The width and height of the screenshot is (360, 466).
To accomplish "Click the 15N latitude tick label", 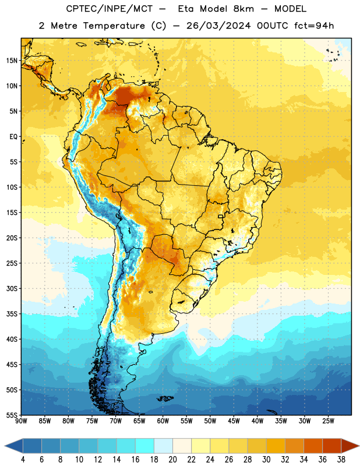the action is (x=12, y=61).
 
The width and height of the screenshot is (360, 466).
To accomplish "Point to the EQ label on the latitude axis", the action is (x=13, y=137).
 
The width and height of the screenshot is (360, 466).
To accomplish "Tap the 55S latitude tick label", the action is (x=12, y=415).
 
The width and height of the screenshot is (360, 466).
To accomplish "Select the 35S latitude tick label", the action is (x=12, y=314).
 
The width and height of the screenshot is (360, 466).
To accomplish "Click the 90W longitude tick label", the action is (x=21, y=421).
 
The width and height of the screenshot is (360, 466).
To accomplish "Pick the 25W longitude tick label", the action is (x=328, y=421).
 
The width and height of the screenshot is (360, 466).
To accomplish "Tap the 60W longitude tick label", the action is (x=163, y=421).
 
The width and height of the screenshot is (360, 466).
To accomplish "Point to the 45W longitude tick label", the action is (x=234, y=421).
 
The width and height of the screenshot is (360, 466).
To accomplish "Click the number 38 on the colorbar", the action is (x=341, y=460).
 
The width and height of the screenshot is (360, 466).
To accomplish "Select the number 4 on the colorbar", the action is (x=23, y=460).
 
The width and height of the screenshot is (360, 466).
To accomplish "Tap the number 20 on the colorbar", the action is (x=172, y=460).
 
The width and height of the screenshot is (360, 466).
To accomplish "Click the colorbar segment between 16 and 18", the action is (x=144, y=446).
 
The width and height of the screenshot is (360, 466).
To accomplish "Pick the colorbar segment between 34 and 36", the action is (x=313, y=446).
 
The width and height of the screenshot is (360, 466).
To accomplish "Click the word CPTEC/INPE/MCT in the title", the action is (x=110, y=9).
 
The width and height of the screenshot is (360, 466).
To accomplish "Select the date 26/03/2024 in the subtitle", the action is (x=218, y=26).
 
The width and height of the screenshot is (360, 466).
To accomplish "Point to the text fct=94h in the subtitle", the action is (x=314, y=26).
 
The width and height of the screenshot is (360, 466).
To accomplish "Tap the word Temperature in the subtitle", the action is (x=114, y=26).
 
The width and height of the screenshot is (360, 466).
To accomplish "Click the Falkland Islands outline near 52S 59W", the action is (x=165, y=398).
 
